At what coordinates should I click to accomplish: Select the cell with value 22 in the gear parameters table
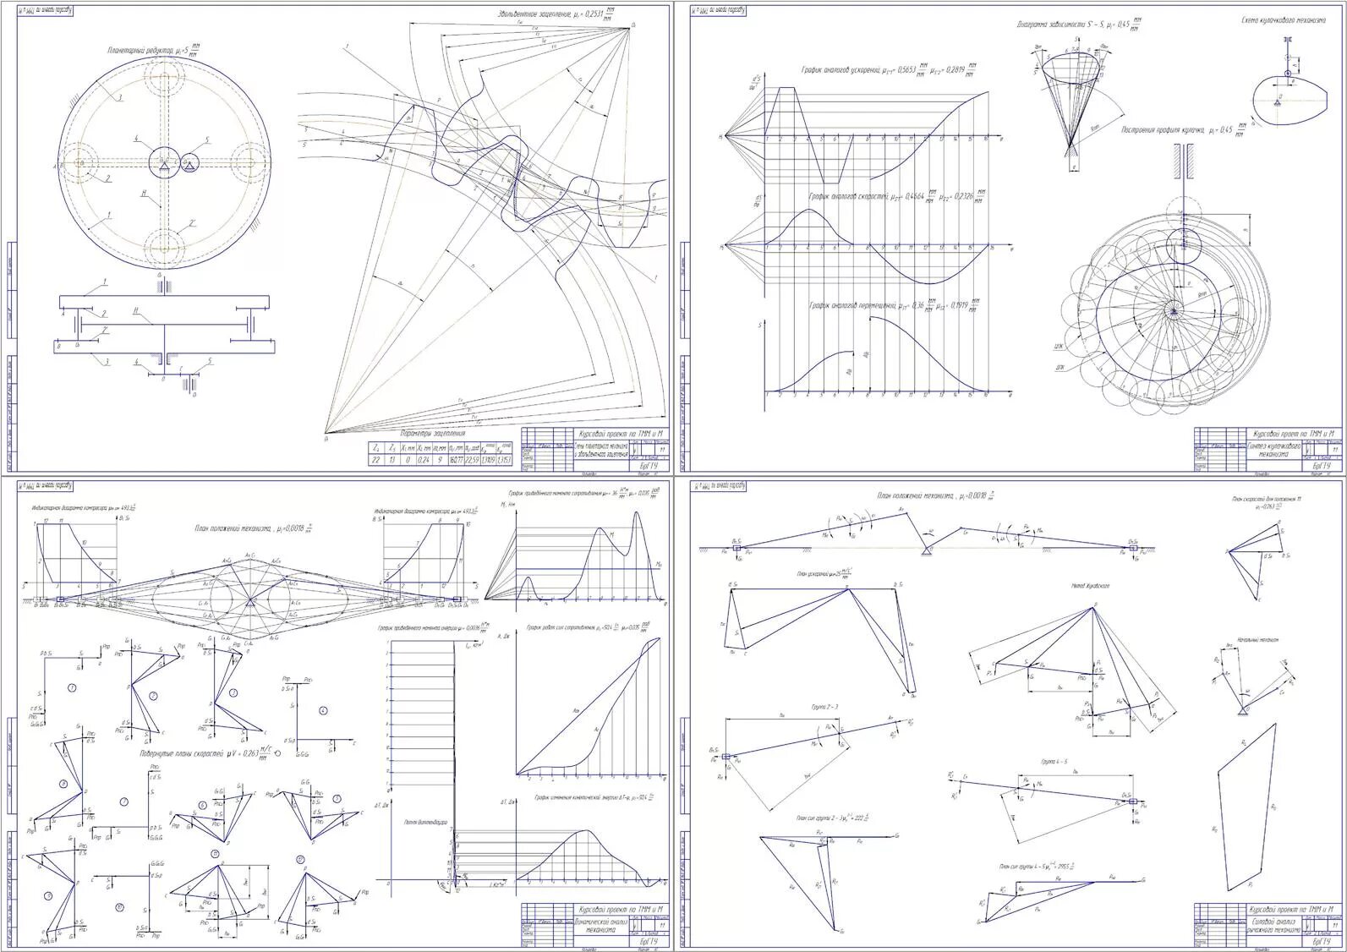point(375,460)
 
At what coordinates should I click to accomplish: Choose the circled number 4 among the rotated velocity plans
point(322,709)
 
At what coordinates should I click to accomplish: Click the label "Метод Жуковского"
point(1090,585)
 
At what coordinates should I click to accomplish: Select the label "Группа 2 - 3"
point(824,705)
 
